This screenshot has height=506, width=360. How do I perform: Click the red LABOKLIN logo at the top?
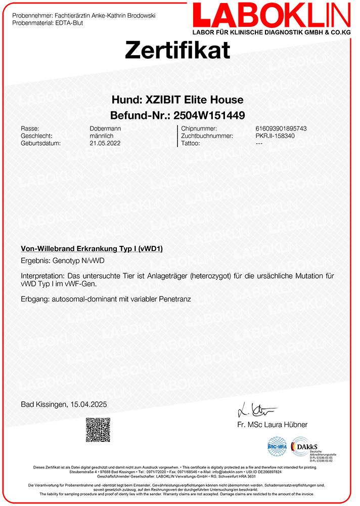pos(271,15)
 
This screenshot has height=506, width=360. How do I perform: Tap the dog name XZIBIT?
pos(159,100)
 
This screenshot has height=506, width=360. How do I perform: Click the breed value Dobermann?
pos(105,129)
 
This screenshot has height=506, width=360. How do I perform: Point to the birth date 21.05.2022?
pos(105,143)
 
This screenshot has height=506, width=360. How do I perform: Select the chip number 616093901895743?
pos(281,129)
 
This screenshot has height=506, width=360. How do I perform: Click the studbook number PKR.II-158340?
pos(275,136)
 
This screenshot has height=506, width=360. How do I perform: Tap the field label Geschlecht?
pos(36,136)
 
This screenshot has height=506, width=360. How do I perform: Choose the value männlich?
pos(101,136)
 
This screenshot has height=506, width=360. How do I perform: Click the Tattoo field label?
pos(191,143)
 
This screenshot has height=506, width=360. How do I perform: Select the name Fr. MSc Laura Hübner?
pos(272,425)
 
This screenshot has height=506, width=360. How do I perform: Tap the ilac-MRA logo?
pos(277,447)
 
